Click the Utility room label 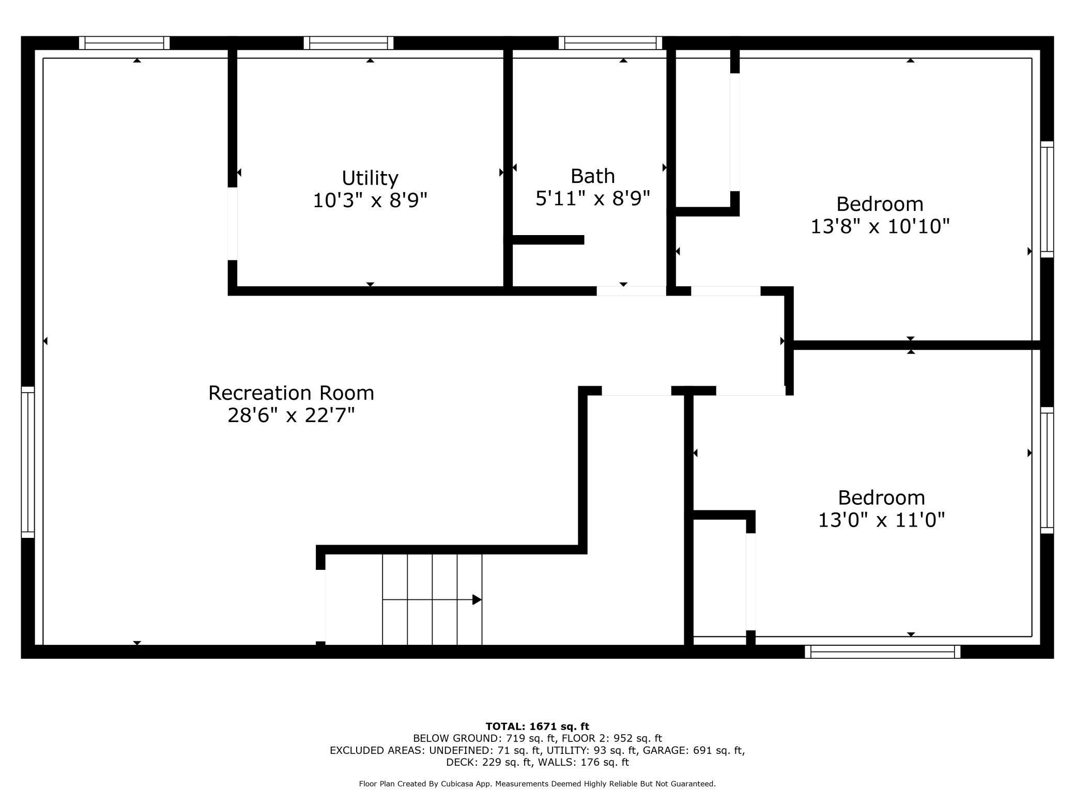(x=370, y=178)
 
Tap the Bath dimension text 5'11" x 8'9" (x=592, y=198)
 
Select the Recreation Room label (x=291, y=393)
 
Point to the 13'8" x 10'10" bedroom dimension (x=880, y=226)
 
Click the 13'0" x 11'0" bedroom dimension (x=881, y=519)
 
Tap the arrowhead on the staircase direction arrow (x=477, y=600)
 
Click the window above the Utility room (x=348, y=43)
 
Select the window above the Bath (x=610, y=43)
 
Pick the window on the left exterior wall (x=28, y=462)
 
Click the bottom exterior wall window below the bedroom (x=883, y=652)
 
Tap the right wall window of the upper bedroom (x=1047, y=199)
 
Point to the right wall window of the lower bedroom (x=1047, y=470)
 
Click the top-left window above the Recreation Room (x=124, y=43)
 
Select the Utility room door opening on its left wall (x=233, y=224)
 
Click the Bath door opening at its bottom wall (x=632, y=291)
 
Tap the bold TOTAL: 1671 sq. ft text (x=537, y=726)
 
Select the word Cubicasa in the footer (x=458, y=784)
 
